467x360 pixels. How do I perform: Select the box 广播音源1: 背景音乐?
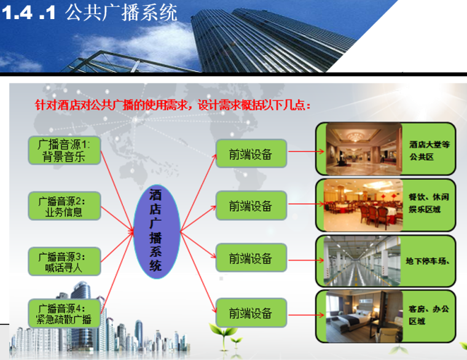click(x=64, y=151)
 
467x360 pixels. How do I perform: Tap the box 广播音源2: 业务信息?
click(x=64, y=207)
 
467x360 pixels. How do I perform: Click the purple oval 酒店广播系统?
click(x=157, y=231)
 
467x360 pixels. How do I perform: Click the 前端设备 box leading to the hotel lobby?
click(x=251, y=154)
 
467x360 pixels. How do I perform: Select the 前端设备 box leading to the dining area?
click(x=251, y=206)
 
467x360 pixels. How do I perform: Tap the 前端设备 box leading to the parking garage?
click(x=251, y=259)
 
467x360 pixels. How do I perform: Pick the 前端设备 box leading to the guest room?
click(x=251, y=313)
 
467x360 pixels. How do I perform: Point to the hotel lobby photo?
click(x=363, y=149)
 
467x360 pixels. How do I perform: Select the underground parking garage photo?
click(x=363, y=260)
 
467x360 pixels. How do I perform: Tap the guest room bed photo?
click(x=363, y=317)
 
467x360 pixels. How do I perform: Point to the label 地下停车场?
click(x=430, y=261)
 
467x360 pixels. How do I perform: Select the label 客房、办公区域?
click(x=429, y=315)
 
